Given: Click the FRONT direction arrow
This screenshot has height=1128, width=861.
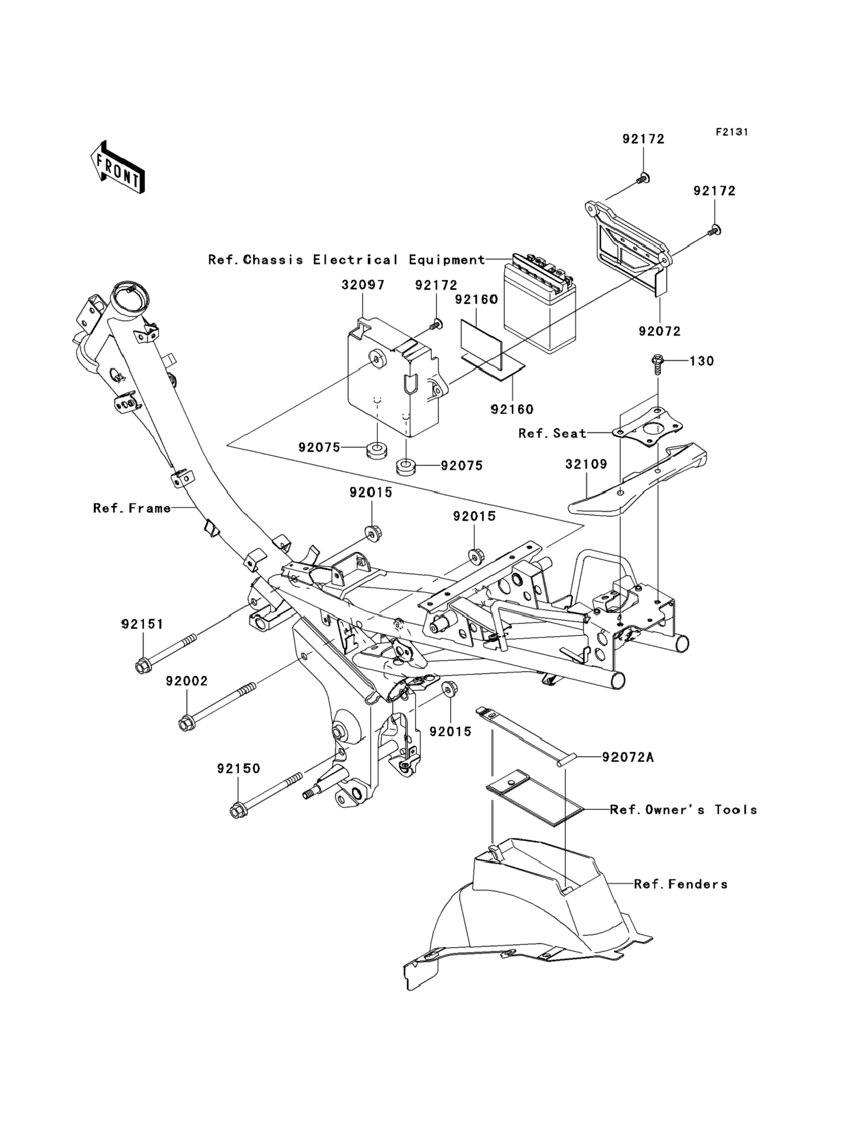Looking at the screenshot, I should click(x=117, y=167).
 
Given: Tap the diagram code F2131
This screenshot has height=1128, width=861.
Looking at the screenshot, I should click(x=732, y=132).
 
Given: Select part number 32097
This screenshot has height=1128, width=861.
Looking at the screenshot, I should click(x=363, y=285).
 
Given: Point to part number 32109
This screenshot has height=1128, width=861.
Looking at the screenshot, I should click(x=586, y=464).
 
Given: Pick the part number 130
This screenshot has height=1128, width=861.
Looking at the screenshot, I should click(x=702, y=361).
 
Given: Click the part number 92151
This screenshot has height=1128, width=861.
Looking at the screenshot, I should click(x=142, y=624).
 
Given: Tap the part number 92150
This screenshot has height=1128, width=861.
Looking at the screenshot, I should click(x=238, y=768).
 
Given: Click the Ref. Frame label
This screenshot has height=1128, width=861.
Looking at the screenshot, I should click(x=132, y=508).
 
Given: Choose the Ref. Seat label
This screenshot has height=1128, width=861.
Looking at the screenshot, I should click(x=552, y=433).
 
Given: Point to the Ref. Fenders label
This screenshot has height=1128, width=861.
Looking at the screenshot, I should click(x=681, y=884).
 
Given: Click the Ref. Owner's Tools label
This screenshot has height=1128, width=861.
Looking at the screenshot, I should click(x=683, y=809).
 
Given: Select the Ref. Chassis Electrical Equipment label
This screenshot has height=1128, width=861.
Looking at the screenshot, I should click(x=346, y=260).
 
